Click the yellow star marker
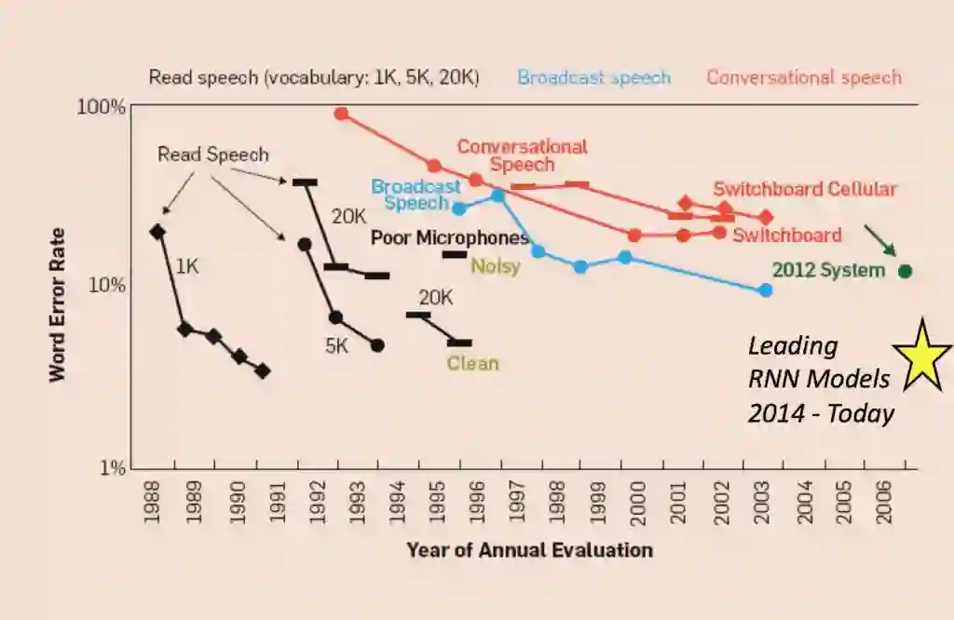coord(921,355)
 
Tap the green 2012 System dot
coord(904,271)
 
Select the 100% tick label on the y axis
coord(101,107)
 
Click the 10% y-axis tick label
coord(105,284)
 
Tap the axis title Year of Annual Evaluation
coord(529,550)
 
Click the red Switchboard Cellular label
coord(805,189)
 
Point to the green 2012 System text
coord(828,271)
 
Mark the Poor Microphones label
coord(449,238)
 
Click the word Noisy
coord(495,266)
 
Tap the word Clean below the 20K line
coord(472,363)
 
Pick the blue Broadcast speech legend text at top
coord(593,77)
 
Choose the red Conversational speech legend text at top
coord(804,77)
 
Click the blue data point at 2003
coord(766,290)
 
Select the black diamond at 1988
coord(157,232)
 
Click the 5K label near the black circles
coord(336,346)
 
